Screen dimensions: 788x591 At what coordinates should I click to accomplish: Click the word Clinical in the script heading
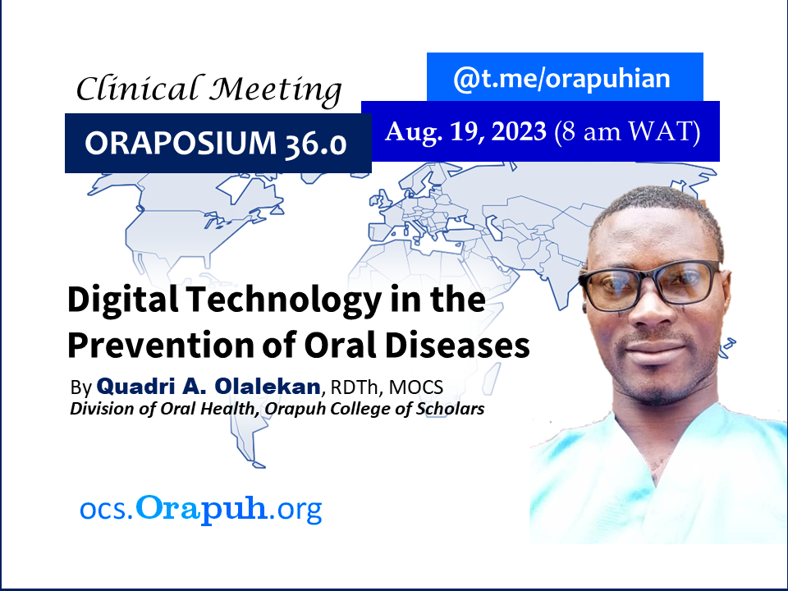pyautogui.click(x=137, y=89)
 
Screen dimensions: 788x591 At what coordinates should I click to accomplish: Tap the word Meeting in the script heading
pyautogui.click(x=276, y=91)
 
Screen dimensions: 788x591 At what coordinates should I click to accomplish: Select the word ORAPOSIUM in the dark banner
pyautogui.click(x=181, y=143)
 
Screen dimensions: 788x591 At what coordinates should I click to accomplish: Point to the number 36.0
pyautogui.click(x=315, y=144)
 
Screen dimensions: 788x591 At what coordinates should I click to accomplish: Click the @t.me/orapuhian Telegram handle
pyautogui.click(x=561, y=79)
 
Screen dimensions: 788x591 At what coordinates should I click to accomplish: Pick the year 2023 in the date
pyautogui.click(x=519, y=131)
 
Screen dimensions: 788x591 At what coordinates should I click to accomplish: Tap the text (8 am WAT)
pyautogui.click(x=627, y=133)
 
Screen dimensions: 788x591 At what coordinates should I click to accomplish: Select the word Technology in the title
pyautogui.click(x=285, y=300)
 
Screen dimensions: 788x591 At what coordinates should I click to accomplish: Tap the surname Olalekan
pyautogui.click(x=268, y=387)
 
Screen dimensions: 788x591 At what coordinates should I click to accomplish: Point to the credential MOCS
pyautogui.click(x=416, y=387)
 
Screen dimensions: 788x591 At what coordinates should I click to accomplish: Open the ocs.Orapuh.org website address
pyautogui.click(x=201, y=509)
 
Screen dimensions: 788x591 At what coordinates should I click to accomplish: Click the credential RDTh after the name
pyautogui.click(x=354, y=387)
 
